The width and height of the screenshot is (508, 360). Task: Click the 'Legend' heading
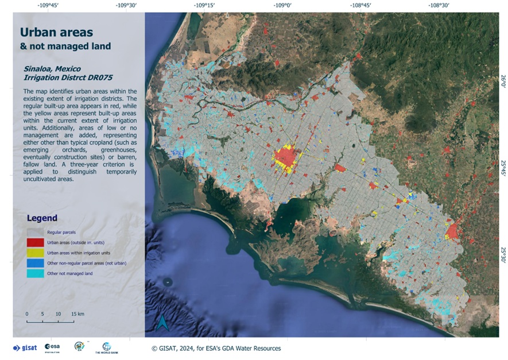tap(42, 218)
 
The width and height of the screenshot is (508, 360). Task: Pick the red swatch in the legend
tap(35, 242)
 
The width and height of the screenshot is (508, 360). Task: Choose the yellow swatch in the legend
tap(35, 253)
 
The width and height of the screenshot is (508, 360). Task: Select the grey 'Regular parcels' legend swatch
tap(35, 233)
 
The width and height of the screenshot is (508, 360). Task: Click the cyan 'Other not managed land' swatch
tap(35, 273)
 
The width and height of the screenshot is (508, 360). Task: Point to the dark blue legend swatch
tap(35, 263)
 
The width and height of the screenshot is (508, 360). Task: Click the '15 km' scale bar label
tap(77, 314)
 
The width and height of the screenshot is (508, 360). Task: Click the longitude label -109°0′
tap(283, 6)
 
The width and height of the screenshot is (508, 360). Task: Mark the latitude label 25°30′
tap(503, 253)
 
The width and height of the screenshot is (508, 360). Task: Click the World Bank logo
tap(106, 347)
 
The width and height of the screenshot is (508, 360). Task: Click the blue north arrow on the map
tap(163, 323)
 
